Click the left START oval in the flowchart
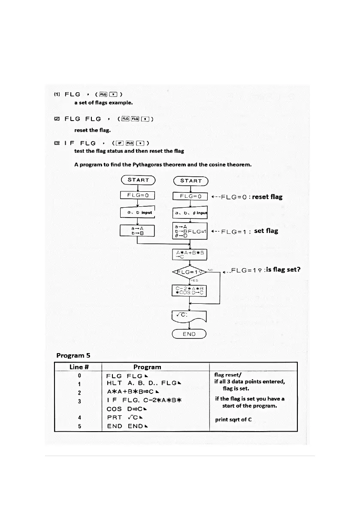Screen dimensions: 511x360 point(138,180)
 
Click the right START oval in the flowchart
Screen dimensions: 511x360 point(191,181)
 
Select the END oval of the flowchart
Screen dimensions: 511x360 point(189,334)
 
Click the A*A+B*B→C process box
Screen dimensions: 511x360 point(190,255)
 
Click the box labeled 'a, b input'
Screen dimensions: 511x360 point(137,212)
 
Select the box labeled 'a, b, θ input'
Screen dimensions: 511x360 point(190,213)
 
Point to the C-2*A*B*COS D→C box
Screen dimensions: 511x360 point(189,290)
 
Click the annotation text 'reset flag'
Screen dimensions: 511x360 point(267,197)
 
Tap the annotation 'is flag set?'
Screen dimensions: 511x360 point(283,270)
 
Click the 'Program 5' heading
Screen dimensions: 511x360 point(73,355)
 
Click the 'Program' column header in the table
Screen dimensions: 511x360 point(147,367)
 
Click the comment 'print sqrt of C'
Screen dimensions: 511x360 point(233,419)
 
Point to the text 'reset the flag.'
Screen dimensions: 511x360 point(93,130)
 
